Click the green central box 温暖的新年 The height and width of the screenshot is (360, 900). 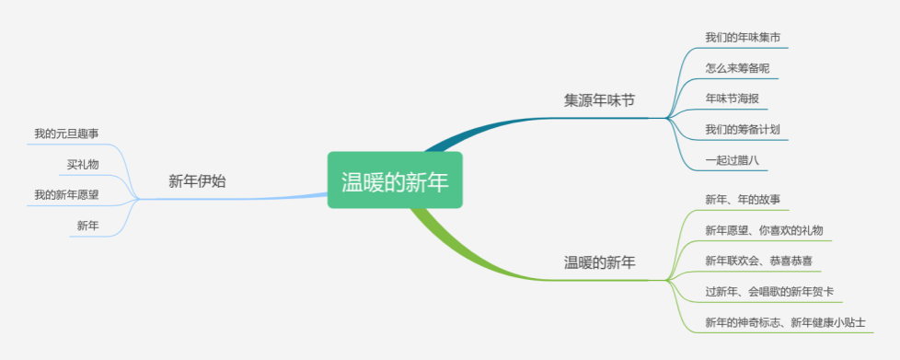pos(395,180)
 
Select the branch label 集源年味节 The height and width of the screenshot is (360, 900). pos(599,100)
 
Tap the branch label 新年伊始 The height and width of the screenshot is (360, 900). pos(197,181)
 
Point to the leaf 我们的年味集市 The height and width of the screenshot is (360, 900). pos(743,38)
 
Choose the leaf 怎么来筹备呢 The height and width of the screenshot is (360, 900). pos(737,68)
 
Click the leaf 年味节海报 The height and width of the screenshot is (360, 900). pos(733,99)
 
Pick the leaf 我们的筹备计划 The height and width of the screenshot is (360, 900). pos(743,129)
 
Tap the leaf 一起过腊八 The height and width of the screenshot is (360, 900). pos(733,159)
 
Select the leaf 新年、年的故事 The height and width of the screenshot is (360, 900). pos(743,200)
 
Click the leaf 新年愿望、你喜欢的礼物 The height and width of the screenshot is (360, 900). pos(765,230)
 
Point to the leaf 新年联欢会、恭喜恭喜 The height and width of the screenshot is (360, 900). pos(759,261)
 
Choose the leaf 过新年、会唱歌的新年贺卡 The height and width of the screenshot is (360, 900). pos(769,292)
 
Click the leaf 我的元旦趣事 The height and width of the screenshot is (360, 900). pos(66,134)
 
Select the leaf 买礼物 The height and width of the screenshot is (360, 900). pos(83,165)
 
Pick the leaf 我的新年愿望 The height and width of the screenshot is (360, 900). pos(66,195)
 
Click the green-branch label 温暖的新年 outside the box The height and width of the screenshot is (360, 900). pos(599,263)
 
